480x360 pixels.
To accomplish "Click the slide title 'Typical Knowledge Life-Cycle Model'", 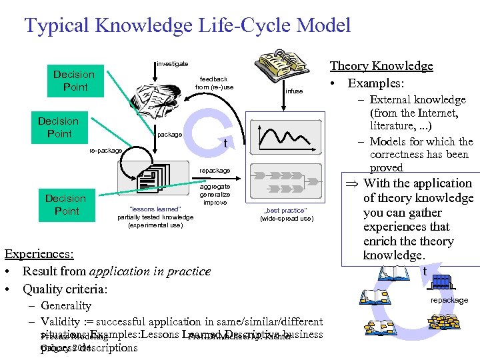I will pos(187,26).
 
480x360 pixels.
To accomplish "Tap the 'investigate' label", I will pos(172,64).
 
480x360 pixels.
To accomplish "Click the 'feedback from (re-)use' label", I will pos(214,83).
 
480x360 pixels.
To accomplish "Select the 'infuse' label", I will pos(294,91).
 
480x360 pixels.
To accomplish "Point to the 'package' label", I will pos(169,135).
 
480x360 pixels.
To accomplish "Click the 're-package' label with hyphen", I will pos(105,151).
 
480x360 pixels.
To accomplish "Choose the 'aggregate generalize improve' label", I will pos(215,195).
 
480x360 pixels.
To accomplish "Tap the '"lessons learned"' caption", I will pos(154,209).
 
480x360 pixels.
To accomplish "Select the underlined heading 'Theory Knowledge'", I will pos(381,65).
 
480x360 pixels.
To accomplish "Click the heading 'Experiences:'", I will pos(39,254).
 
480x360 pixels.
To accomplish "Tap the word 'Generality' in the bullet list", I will pos(66,305).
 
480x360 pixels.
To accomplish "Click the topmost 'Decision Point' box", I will pos(74,81).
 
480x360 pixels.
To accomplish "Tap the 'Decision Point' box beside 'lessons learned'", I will pos(65,205).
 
